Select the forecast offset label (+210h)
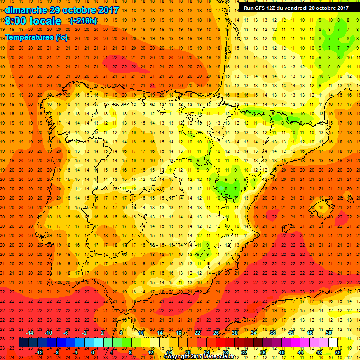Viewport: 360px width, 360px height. click(x=83, y=21)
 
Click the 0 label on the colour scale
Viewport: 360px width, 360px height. click(x=93, y=352)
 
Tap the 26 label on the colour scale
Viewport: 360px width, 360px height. click(x=216, y=332)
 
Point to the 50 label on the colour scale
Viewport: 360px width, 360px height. click(x=328, y=332)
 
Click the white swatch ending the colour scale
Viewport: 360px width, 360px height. click(x=333, y=343)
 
